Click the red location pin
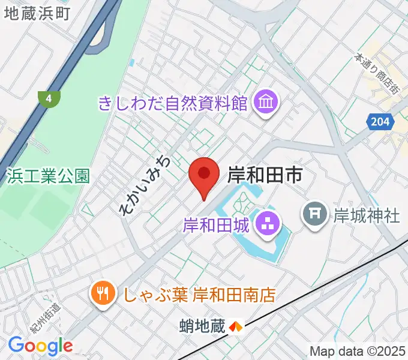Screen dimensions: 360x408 203,175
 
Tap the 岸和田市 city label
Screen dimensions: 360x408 264,175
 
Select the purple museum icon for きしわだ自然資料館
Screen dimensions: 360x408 265,103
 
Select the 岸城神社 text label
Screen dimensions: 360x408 366,215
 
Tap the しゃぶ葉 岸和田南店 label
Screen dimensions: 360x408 199,294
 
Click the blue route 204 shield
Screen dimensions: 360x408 379,122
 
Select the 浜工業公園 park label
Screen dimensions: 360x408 48,176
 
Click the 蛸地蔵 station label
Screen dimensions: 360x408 202,326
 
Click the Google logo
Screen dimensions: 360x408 40,346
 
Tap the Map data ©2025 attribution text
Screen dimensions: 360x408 358,351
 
